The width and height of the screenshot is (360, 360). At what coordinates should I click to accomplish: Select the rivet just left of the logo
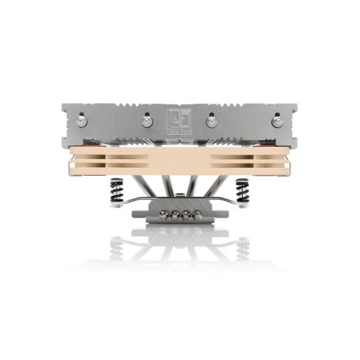pos(147,122)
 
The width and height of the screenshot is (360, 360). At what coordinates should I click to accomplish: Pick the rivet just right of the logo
pos(212,122)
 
